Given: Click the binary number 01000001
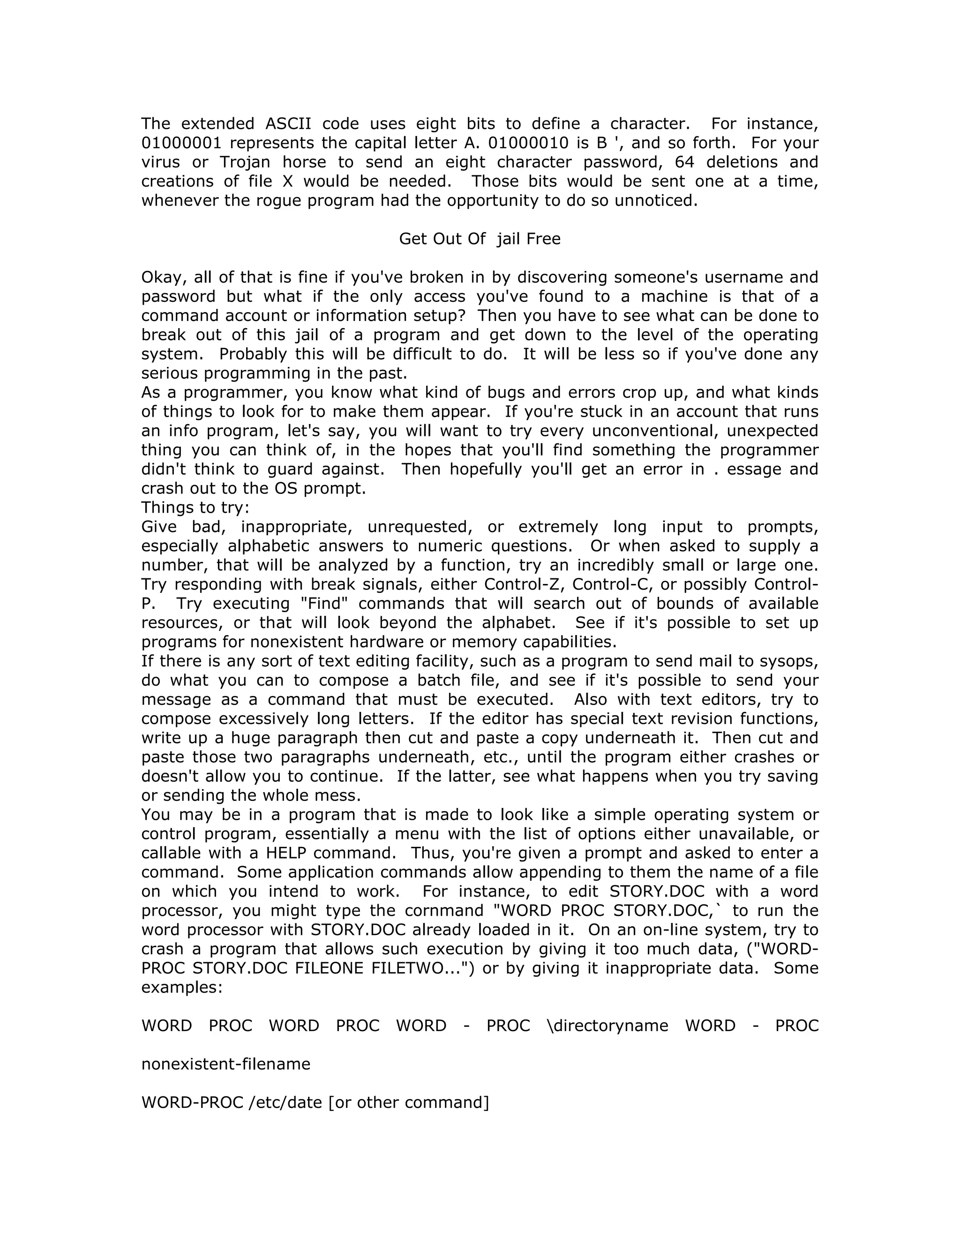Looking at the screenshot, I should point(181,143).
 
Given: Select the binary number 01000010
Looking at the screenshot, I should point(528,143).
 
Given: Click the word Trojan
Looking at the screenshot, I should point(245,162).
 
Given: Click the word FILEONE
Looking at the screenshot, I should point(329,968).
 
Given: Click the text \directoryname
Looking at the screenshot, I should point(607,1025).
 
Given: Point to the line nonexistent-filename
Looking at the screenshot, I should point(226,1063).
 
